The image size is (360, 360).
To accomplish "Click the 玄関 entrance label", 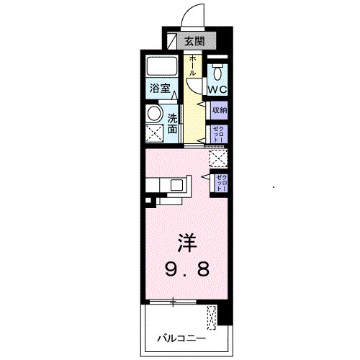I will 194,41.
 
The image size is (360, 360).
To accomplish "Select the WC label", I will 217,89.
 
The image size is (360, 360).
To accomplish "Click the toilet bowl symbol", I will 217,73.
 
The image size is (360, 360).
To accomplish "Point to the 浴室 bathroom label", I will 160,89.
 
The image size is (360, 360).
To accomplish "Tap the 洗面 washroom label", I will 174,124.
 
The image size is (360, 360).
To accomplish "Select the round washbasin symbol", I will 154,114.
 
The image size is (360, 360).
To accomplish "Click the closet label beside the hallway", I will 219,133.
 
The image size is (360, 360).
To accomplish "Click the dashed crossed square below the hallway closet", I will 217,156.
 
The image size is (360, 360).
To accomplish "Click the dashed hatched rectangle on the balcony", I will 211,318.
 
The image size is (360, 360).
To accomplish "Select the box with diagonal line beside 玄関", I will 172,40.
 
